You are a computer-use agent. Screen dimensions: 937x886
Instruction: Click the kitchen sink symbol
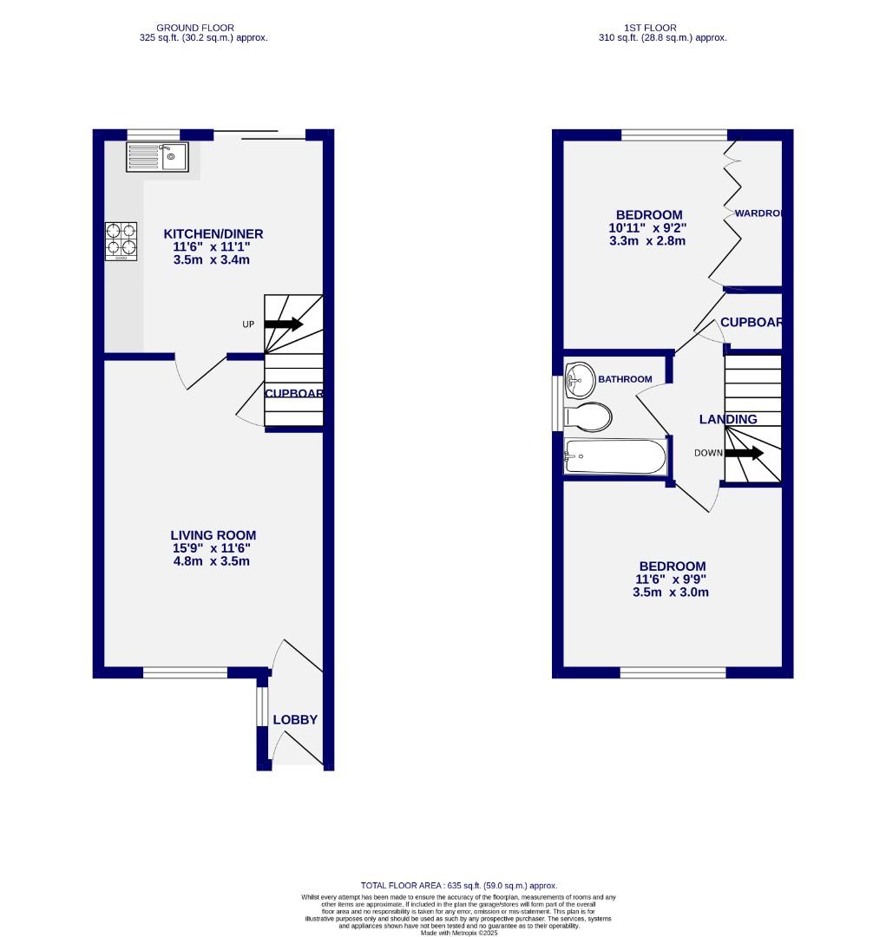(x=157, y=157)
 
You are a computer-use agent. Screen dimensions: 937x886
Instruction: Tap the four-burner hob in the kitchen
(x=121, y=241)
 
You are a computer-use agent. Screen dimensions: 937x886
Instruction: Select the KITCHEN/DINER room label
(x=213, y=234)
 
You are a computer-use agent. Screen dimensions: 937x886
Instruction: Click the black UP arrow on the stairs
(x=283, y=324)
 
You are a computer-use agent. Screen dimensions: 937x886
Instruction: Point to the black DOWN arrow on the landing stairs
(x=745, y=453)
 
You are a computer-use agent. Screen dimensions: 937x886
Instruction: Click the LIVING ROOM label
(x=213, y=535)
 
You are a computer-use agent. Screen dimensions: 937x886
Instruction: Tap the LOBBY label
(x=295, y=720)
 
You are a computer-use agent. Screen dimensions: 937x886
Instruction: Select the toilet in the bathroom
(x=587, y=416)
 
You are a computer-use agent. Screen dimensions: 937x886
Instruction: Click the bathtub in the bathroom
(x=614, y=456)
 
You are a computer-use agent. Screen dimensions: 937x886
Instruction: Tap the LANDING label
(x=728, y=419)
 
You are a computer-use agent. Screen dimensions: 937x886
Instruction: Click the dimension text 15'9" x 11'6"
(x=213, y=548)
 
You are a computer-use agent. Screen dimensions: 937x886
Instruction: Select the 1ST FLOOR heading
(x=662, y=28)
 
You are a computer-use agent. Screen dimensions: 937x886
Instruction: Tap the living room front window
(x=185, y=672)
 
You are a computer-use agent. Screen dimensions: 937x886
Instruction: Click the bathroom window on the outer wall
(x=557, y=403)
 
